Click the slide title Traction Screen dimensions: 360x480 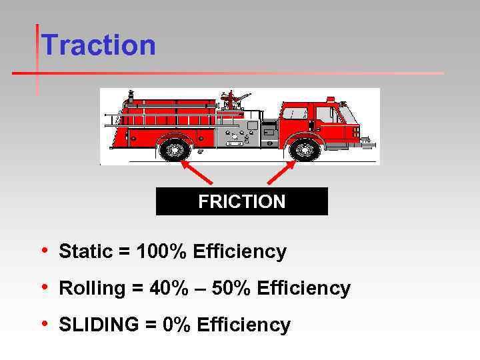[x=98, y=45]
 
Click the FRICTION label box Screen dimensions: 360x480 [x=241, y=201]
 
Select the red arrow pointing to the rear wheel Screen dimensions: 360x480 [x=197, y=172]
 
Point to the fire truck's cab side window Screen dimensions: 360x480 [x=295, y=113]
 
